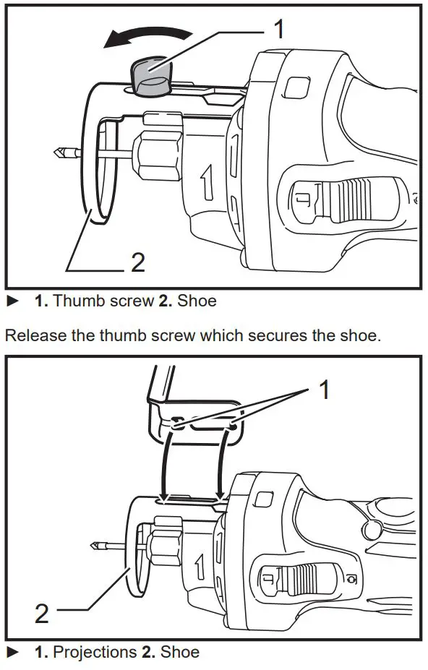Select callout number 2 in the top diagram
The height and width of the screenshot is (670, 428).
tap(137, 262)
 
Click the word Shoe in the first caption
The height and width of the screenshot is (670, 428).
tap(197, 300)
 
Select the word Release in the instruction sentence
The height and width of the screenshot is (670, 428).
tap(33, 335)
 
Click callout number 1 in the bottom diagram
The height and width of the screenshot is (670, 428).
tap(325, 390)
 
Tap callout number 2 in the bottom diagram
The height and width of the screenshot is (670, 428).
tap(43, 614)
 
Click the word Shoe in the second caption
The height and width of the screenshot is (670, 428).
tap(180, 651)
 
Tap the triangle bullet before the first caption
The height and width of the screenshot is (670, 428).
tap(12, 300)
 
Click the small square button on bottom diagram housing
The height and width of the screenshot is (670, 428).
tap(264, 499)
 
